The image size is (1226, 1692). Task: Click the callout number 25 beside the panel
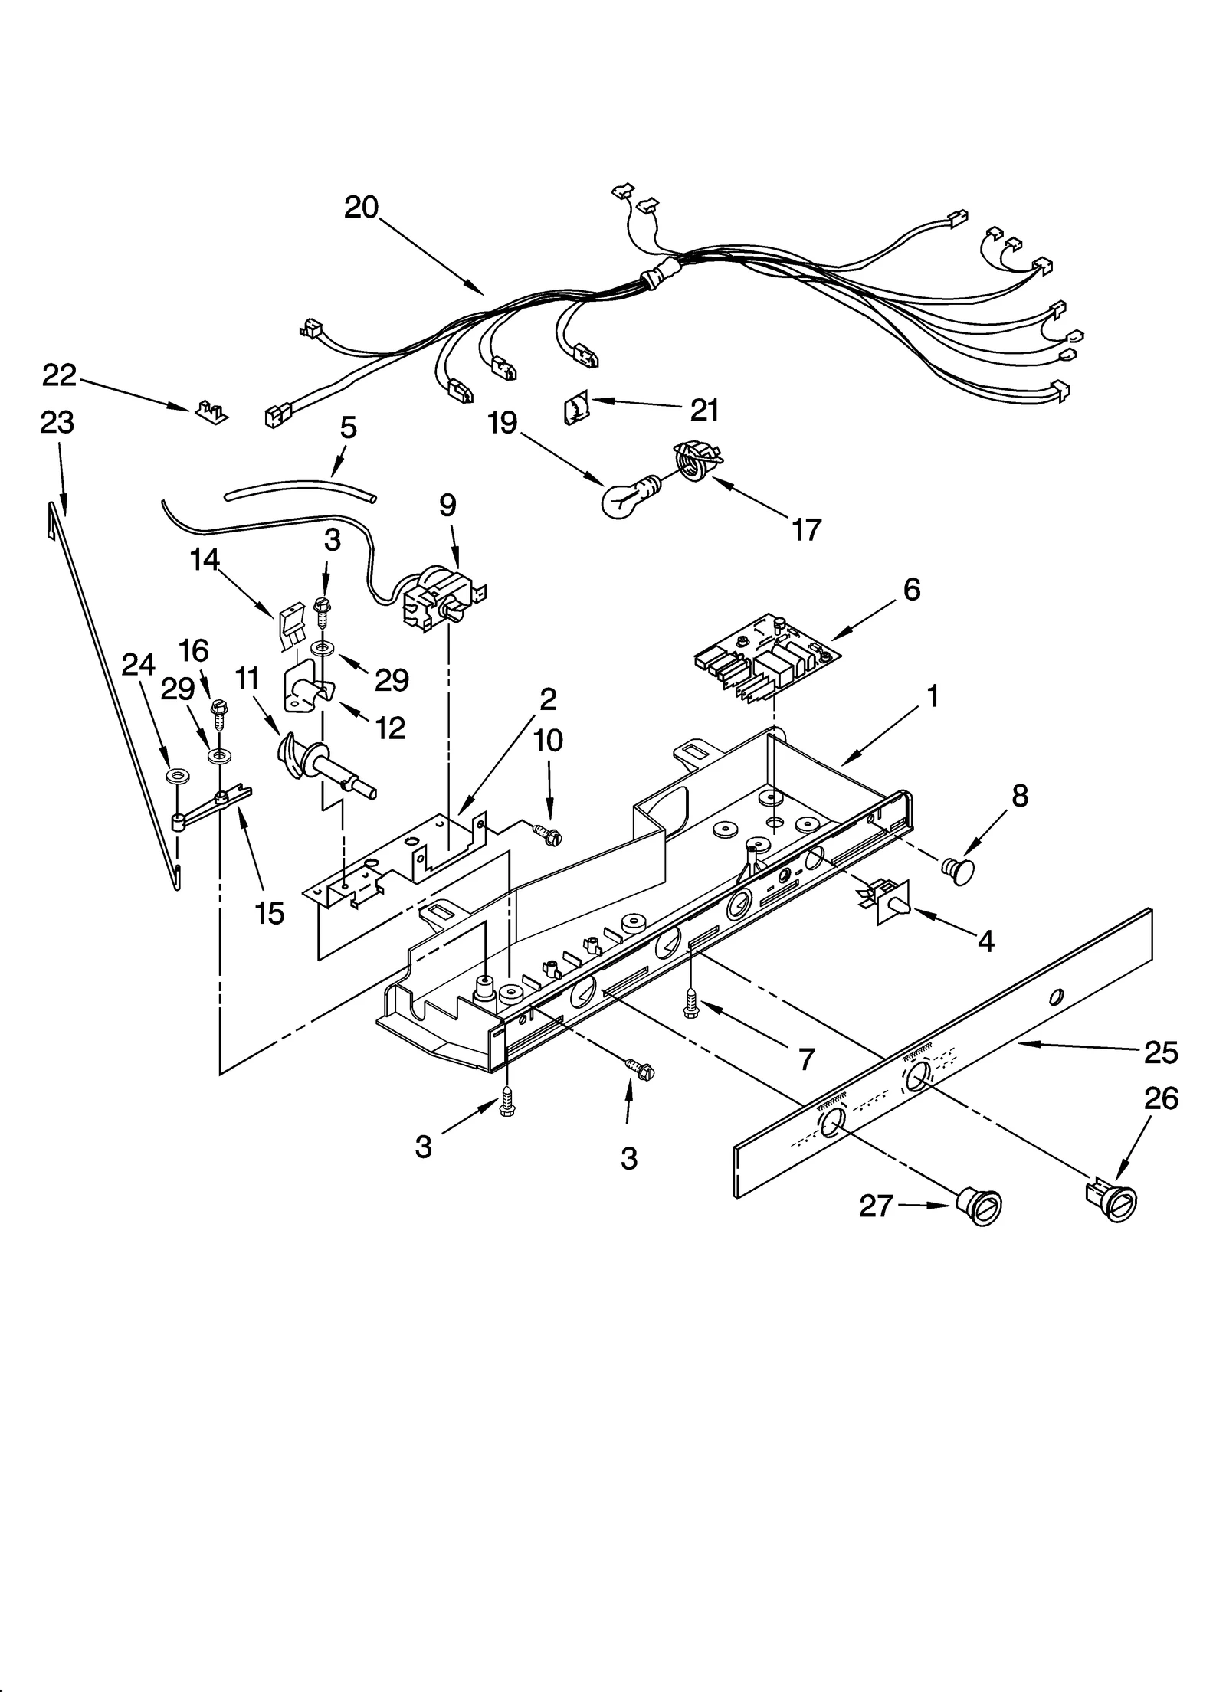click(1160, 1052)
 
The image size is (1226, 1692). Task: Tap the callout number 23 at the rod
click(57, 422)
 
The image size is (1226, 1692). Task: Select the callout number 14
click(205, 560)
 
